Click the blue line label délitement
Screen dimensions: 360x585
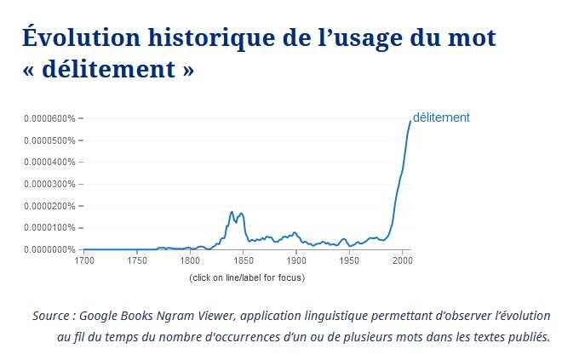tap(441, 117)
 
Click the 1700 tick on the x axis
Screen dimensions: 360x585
tap(84, 260)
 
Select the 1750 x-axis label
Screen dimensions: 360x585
tap(137, 260)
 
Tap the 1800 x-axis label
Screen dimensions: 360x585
tap(190, 260)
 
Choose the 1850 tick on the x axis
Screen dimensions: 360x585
tap(244, 260)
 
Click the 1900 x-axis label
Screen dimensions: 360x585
tap(296, 260)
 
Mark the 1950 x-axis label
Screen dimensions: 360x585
tap(349, 260)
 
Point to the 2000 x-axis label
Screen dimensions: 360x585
tap(402, 260)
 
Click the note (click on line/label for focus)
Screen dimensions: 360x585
tap(247, 277)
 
